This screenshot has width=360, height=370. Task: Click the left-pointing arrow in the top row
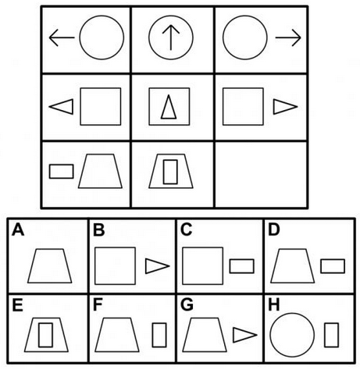[62, 37]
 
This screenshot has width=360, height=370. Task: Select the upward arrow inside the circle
[171, 37]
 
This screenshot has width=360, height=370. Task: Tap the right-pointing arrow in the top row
[288, 37]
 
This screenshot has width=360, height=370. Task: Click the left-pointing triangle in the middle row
[62, 107]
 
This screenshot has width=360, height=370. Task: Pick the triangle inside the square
[169, 107]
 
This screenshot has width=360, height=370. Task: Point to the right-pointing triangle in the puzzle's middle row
[285, 107]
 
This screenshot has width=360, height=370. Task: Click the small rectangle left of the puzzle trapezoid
[62, 172]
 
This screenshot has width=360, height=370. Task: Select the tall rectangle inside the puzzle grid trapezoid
[170, 172]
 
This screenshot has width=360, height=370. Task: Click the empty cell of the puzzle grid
[261, 175]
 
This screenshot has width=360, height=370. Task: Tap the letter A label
[18, 229]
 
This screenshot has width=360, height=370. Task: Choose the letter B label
[98, 229]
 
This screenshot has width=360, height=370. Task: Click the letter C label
[186, 229]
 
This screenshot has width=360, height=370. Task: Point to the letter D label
[273, 229]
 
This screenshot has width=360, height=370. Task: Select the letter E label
[17, 304]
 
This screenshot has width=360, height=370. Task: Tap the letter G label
[187, 304]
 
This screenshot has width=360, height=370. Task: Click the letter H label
[274, 304]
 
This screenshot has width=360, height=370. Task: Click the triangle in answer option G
[245, 335]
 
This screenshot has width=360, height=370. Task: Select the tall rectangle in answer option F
[159, 335]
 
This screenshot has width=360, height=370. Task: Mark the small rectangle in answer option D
[333, 266]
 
